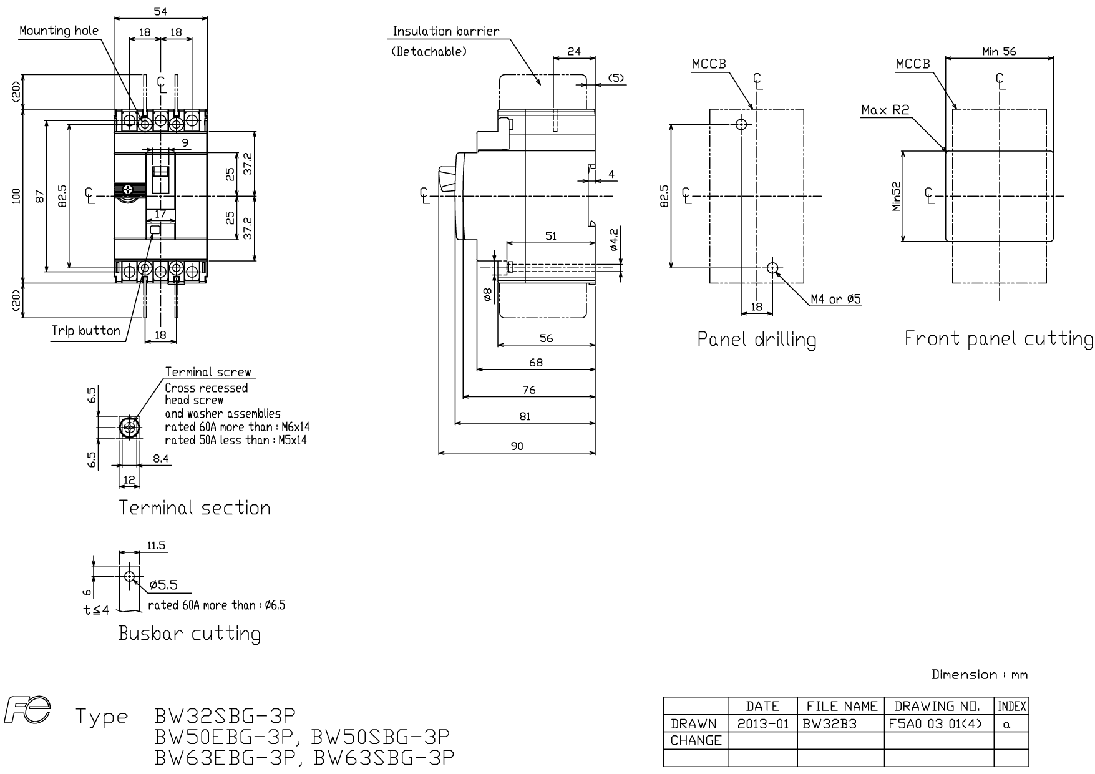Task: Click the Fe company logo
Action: [27, 712]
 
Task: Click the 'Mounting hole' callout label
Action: [59, 31]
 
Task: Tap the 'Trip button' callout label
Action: [86, 331]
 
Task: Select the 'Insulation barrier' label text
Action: [445, 31]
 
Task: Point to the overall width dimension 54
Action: [160, 11]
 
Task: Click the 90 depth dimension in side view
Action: [517, 446]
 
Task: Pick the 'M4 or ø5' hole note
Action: [835, 300]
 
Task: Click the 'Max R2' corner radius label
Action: [885, 110]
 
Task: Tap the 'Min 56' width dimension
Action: [999, 51]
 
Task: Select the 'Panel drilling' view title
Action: [756, 339]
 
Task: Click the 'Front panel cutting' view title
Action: [998, 338]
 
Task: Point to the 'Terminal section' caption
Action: [195, 507]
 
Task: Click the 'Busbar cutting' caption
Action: [190, 634]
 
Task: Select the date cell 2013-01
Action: [762, 724]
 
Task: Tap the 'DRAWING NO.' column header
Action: [937, 707]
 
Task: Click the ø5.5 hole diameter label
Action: [163, 585]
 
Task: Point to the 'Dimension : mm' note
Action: [979, 674]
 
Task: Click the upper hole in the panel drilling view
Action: [741, 124]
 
